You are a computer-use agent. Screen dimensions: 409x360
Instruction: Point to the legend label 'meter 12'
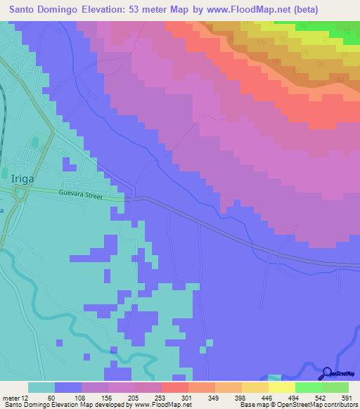coord(15,398)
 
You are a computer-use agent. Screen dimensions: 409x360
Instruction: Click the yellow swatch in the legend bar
coord(282,387)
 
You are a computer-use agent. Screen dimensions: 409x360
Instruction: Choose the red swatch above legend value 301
coord(174,387)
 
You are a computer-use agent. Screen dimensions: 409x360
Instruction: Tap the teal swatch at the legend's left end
coord(41,387)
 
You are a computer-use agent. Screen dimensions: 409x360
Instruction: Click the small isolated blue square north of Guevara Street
coord(69,164)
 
